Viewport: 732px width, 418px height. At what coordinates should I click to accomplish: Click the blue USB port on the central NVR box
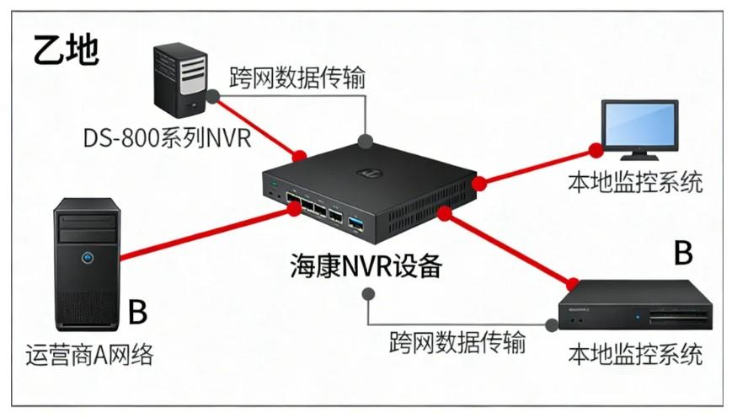pos(355,222)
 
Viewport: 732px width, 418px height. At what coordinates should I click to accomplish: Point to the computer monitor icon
pos(639,127)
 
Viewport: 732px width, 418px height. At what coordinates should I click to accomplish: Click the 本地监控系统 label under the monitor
pos(635,182)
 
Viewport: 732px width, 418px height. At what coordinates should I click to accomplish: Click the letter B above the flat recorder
pos(683,251)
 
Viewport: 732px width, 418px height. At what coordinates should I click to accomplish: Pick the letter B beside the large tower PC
pos(137,310)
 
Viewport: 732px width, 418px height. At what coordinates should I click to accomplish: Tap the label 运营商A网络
pos(89,355)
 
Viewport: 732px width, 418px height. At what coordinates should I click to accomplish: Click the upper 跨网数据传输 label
pos(297,78)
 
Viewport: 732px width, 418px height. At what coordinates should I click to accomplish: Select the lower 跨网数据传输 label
pos(457,342)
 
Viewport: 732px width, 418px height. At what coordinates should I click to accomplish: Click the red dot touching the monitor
pos(596,151)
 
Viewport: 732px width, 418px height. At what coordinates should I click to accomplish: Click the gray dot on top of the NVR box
pos(365,139)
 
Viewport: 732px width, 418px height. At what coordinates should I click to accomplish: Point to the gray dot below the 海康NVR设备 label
pos(367,294)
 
